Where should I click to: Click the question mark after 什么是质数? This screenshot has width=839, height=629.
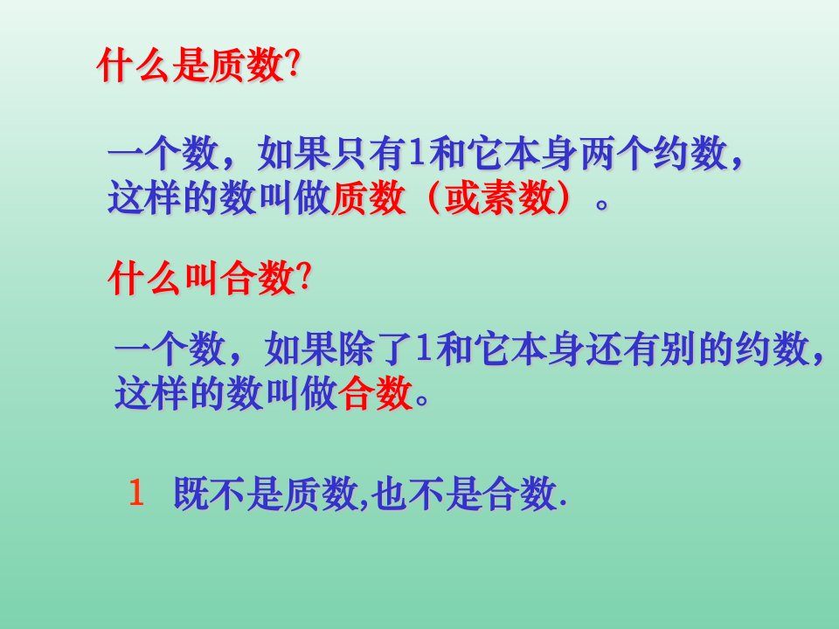[x=291, y=66]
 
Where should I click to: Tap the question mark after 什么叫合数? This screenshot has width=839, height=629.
[x=303, y=278]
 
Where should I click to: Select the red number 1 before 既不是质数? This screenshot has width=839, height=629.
[x=136, y=493]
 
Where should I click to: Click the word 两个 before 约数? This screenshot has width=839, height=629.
[x=615, y=154]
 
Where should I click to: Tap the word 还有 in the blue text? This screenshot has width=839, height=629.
[x=622, y=349]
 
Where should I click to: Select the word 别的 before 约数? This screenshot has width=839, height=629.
[x=696, y=349]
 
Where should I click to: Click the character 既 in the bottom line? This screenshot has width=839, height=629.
[x=191, y=493]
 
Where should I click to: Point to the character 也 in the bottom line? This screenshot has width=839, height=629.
[x=388, y=493]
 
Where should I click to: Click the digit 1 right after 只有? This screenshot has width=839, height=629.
[x=416, y=154]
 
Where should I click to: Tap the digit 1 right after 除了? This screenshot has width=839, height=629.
[x=423, y=349]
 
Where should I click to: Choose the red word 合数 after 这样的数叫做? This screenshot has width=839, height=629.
[x=376, y=393]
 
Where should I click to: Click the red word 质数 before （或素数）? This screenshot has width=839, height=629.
[x=368, y=197]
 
